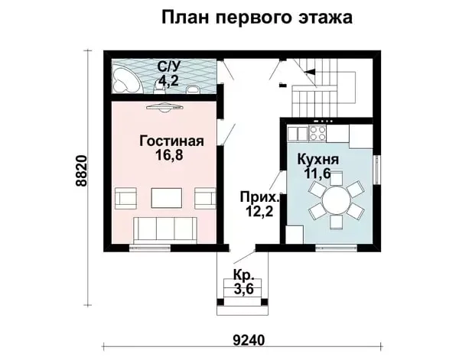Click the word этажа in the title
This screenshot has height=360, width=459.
coord(325,18)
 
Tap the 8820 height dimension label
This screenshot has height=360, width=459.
coord(81,170)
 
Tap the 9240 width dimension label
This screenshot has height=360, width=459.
coord(249,340)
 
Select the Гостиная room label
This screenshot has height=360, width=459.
coord(171,141)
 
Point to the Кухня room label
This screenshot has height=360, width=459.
coord(318,160)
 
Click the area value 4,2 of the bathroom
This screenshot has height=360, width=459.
coord(168,80)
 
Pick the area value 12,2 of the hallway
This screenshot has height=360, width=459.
coord(259,211)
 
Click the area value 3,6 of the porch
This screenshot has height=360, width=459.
coord(243,290)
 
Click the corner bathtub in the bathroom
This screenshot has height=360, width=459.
coord(126,79)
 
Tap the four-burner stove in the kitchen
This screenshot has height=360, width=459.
coord(317,133)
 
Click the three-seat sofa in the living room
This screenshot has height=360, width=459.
coord(164,230)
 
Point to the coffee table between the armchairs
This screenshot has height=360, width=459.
coord(166,198)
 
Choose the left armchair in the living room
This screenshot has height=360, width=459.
coord(126,198)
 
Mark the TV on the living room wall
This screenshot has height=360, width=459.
coord(164,108)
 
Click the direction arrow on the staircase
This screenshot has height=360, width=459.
coord(310,71)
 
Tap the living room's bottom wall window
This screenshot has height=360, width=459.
coord(150,248)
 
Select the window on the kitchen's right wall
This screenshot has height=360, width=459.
coord(377,170)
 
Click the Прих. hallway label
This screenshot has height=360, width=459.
coord(260,198)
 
